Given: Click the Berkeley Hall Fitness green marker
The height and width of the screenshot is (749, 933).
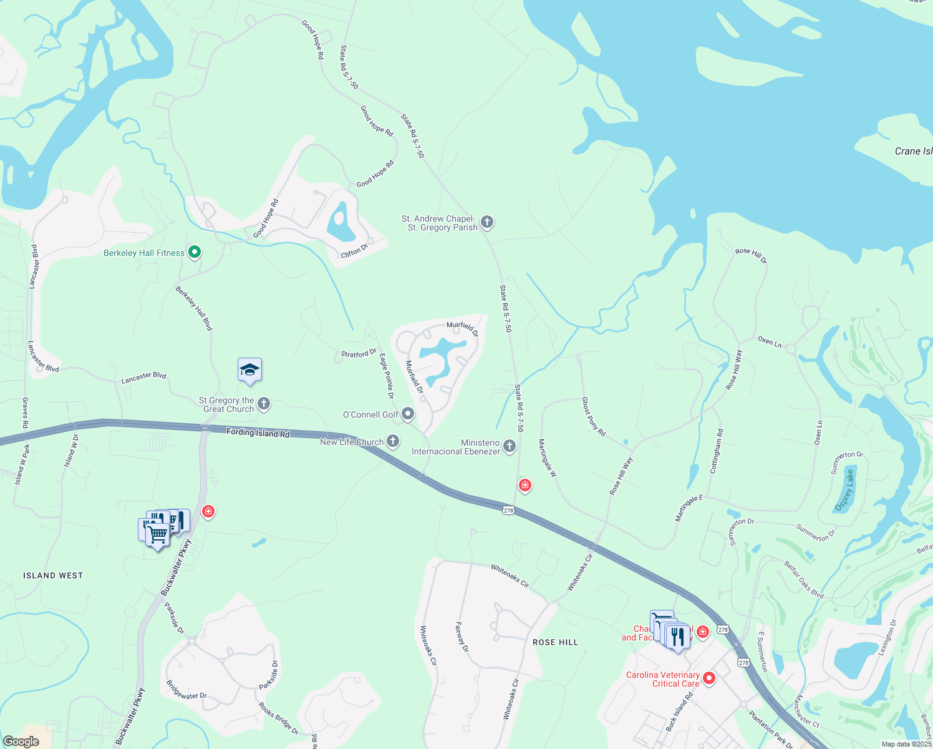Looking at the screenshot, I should click(x=195, y=253).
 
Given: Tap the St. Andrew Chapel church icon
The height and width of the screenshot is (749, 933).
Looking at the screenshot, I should click(x=487, y=222).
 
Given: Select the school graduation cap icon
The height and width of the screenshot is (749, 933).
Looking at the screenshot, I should click(x=249, y=370).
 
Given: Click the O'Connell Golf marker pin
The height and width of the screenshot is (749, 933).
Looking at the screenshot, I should click(x=408, y=414).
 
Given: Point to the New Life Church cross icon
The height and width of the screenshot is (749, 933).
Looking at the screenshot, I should click(x=393, y=441).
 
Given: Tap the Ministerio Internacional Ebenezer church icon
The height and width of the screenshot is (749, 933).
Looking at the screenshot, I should click(x=510, y=446).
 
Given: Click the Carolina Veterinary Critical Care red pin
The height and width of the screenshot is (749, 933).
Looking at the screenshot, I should click(x=708, y=678).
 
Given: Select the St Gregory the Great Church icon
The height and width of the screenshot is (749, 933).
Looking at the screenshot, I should click(x=264, y=404).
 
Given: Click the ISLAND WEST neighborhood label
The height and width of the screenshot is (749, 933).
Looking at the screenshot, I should click(x=53, y=575).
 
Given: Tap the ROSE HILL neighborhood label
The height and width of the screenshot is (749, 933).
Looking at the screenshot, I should click(x=555, y=642).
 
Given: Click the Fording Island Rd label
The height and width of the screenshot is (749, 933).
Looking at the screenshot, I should click(x=258, y=433).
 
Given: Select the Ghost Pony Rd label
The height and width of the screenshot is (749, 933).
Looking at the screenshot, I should click(x=593, y=416).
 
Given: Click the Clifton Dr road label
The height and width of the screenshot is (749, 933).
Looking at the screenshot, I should click(x=354, y=251).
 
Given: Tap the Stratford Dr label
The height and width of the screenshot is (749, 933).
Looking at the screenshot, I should click(x=359, y=354).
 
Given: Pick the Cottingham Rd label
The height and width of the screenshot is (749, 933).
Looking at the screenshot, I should click(x=716, y=451).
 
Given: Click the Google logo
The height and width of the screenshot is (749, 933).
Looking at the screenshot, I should click(x=21, y=742).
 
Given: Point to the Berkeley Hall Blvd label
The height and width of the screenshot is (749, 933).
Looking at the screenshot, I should click(x=194, y=308).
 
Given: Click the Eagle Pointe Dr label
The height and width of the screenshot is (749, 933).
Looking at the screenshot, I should click(x=387, y=376).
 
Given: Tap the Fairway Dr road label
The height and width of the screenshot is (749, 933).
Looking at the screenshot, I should click(x=462, y=637).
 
